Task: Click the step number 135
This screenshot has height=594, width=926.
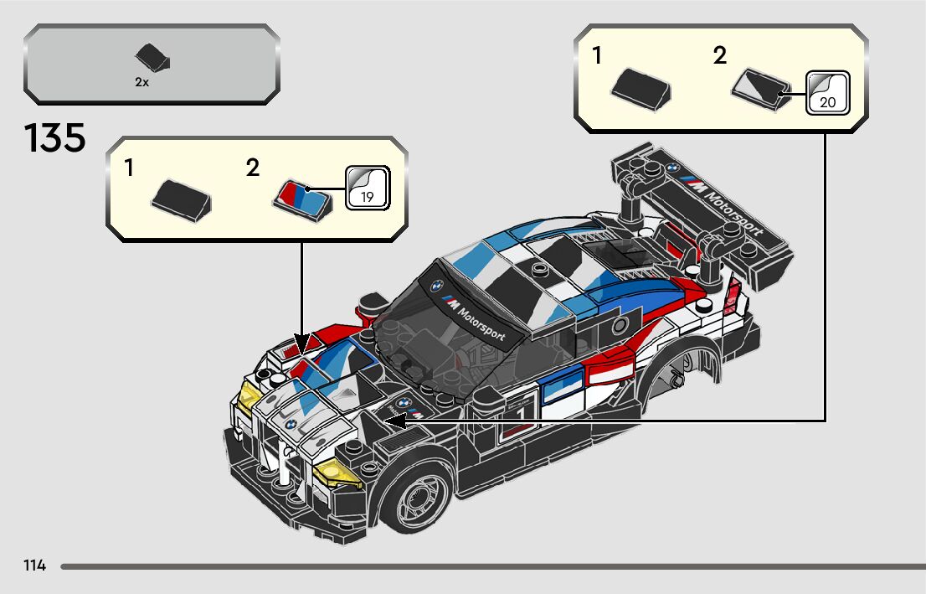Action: (x=55, y=138)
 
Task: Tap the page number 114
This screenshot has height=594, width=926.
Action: (x=35, y=566)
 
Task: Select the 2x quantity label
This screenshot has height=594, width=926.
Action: (x=141, y=82)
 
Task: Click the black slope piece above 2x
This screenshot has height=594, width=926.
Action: (x=152, y=58)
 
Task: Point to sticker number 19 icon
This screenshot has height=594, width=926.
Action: (x=367, y=187)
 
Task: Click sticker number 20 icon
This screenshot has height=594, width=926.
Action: (x=827, y=92)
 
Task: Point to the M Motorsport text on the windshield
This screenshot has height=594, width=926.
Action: (x=476, y=318)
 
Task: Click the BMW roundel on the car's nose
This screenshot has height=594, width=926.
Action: (x=286, y=426)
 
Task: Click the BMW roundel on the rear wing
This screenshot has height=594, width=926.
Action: (x=671, y=168)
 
